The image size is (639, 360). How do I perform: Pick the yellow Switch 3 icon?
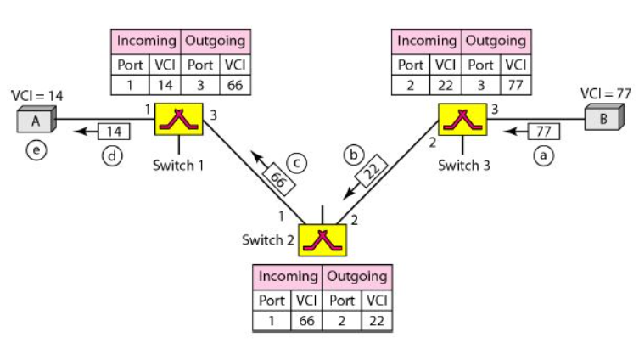point(462,120)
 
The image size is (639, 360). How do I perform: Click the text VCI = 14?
point(36,95)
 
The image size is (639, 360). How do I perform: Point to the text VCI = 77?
point(602,93)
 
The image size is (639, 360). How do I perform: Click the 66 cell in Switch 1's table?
point(233,84)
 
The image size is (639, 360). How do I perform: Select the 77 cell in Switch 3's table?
point(516,84)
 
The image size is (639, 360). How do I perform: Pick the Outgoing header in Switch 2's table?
point(357,276)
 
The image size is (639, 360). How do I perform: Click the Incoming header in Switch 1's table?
point(146,40)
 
